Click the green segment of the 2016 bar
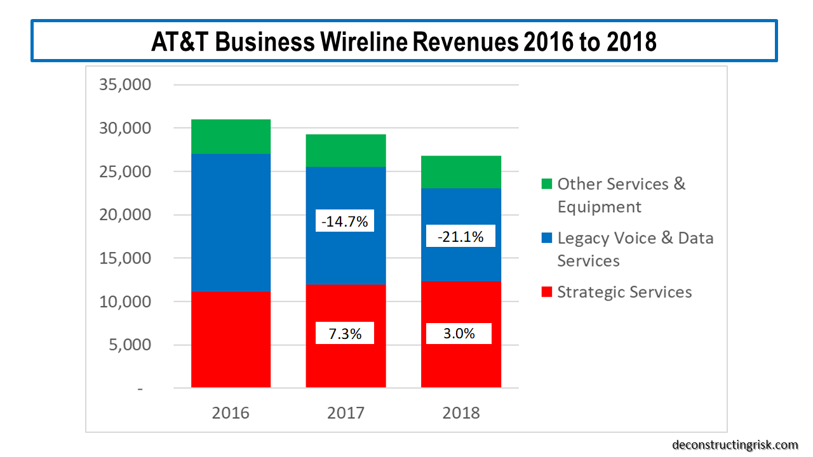[x=231, y=136]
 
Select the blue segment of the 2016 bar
[x=231, y=222]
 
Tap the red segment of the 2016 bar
[x=231, y=340]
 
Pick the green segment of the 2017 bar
[x=346, y=150]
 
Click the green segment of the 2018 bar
[x=460, y=172]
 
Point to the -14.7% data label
[x=346, y=222]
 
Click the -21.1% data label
[x=460, y=237]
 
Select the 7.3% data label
[x=346, y=333]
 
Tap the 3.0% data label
[x=459, y=333]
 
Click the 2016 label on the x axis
[x=231, y=413]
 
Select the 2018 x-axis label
[x=460, y=413]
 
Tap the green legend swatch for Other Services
[x=546, y=185]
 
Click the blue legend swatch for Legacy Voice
[x=546, y=239]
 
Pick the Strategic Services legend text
[x=624, y=292]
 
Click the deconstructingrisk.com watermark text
[x=734, y=445]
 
